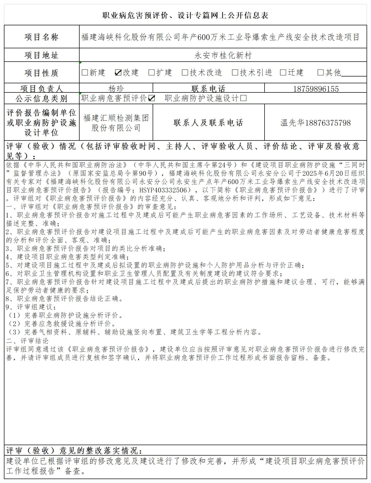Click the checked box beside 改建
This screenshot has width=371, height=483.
pyautogui.click(x=118, y=73)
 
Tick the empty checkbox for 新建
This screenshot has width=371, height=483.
pyautogui.click(x=85, y=73)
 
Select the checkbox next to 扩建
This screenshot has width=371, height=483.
pyautogui.click(x=151, y=73)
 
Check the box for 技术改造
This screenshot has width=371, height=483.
pyautogui.click(x=185, y=73)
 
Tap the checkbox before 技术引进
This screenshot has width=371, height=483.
pyautogui.click(x=235, y=73)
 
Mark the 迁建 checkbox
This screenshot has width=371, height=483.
pyautogui.click(x=283, y=73)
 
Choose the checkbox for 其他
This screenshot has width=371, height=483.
pyautogui.click(x=320, y=73)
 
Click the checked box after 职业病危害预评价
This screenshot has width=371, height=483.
pyautogui.click(x=151, y=98)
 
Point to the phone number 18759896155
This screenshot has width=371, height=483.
pyautogui.click(x=316, y=89)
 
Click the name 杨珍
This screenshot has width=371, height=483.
pyautogui.click(x=116, y=89)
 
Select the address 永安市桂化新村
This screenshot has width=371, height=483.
pyautogui.click(x=223, y=55)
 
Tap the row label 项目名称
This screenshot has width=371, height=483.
pyautogui.click(x=41, y=37)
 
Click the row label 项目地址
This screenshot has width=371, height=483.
pyautogui.click(x=41, y=55)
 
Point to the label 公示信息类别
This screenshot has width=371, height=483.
pyautogui.click(x=41, y=99)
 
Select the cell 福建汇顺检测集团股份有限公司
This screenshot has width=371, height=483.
pyautogui.click(x=116, y=123)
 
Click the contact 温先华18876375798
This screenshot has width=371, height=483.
pyautogui.click(x=316, y=123)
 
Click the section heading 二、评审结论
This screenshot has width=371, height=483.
pyautogui.click(x=27, y=341)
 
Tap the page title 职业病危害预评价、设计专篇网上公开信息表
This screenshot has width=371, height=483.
pyautogui.click(x=185, y=16)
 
